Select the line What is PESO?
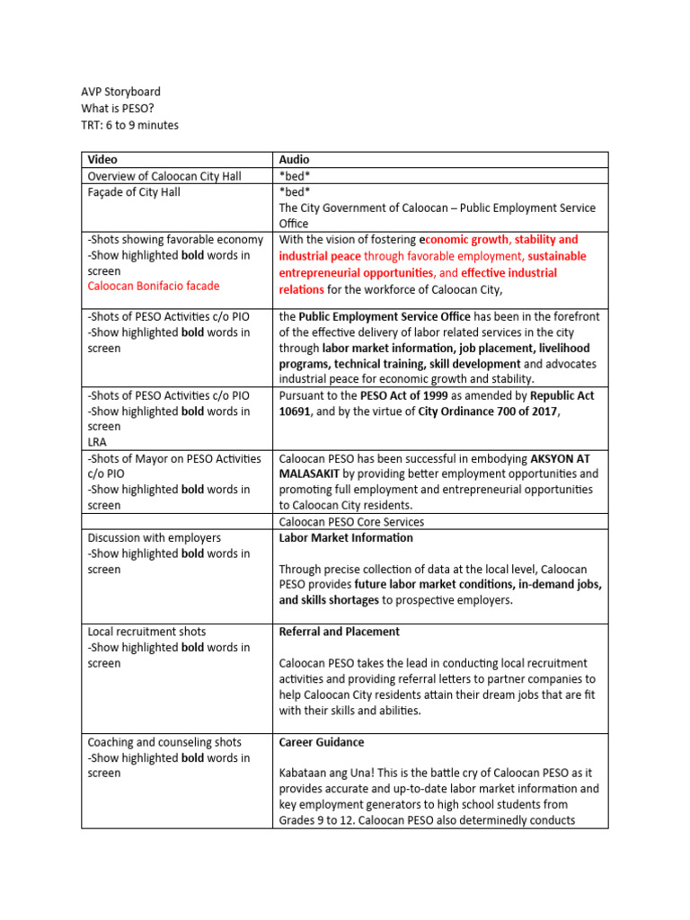click(x=118, y=109)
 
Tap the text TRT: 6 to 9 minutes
click(x=129, y=125)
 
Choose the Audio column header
click(x=295, y=159)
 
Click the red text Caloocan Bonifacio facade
click(x=154, y=286)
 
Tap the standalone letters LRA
click(x=97, y=443)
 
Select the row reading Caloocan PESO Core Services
click(x=351, y=521)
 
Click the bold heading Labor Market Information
click(x=346, y=537)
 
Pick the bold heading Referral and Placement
click(x=339, y=632)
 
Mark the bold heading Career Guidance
click(x=322, y=742)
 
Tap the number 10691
click(x=296, y=411)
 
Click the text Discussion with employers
click(x=154, y=537)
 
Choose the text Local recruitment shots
click(x=144, y=632)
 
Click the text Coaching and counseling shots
click(x=164, y=742)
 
